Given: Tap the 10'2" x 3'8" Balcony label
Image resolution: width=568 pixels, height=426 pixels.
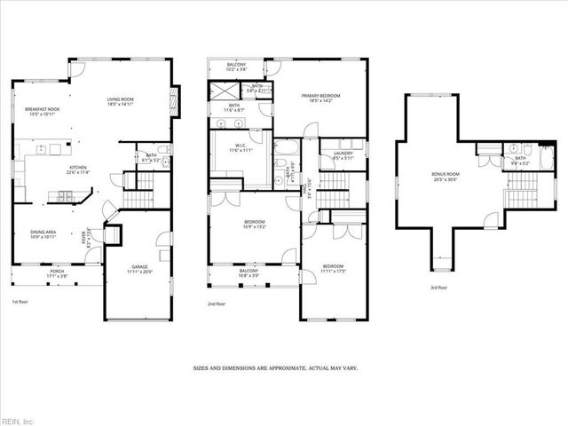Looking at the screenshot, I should [x=236, y=66].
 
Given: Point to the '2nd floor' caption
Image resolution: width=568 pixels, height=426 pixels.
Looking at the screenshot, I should [x=216, y=304].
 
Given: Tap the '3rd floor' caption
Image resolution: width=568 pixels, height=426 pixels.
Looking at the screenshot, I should [x=438, y=287].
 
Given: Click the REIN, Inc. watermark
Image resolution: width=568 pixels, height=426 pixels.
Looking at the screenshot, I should [x=19, y=420].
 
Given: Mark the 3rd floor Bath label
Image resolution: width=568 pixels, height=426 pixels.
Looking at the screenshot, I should [x=519, y=161].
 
